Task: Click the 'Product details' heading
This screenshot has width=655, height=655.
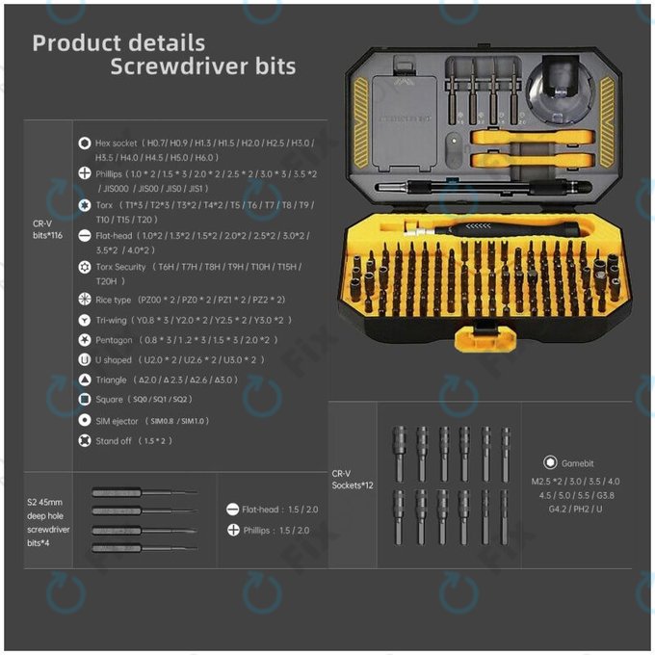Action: coord(118,43)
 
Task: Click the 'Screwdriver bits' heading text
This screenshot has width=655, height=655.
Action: coord(202,67)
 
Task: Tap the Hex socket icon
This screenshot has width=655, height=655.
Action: coord(85,143)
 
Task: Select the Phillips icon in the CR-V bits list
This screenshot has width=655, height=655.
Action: coord(85,174)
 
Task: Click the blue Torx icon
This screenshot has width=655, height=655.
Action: coord(85,205)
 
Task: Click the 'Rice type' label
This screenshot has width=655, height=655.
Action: coord(115,300)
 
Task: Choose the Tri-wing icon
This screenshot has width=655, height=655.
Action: coord(85,320)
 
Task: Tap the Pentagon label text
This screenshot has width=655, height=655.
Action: coord(115,340)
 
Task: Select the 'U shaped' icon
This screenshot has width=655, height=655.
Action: coord(85,360)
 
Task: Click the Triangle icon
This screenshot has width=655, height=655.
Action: coord(85,380)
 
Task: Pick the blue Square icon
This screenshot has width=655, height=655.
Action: coord(85,400)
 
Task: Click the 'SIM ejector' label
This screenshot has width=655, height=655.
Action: coord(118,421)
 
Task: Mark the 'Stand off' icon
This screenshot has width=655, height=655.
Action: coord(85,441)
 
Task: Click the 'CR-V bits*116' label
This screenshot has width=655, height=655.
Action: coord(48,228)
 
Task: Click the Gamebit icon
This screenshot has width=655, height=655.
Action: coord(550,462)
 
